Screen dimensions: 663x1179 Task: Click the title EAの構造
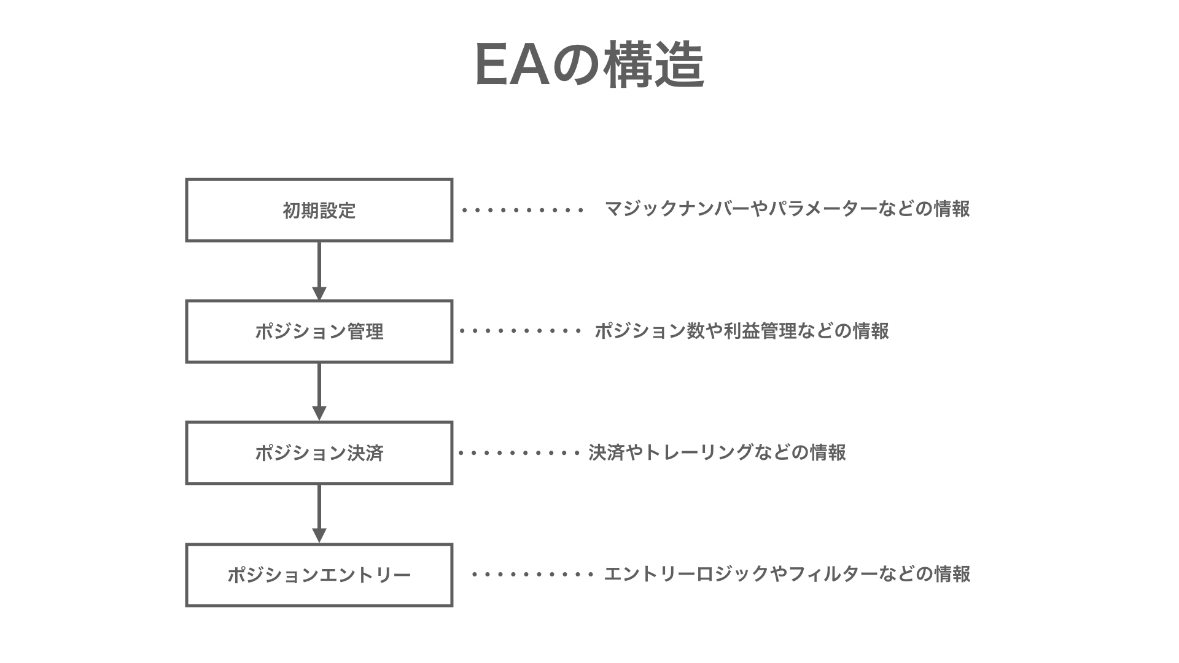point(589,66)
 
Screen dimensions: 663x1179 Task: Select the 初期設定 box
point(319,210)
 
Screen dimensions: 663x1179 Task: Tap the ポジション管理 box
point(319,331)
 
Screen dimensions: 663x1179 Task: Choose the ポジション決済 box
point(319,453)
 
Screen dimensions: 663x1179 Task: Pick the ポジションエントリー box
point(319,575)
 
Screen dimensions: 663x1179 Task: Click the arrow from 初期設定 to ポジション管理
point(319,270)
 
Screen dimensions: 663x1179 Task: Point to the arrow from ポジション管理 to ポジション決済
point(319,392)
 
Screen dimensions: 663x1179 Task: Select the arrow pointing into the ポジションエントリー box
point(319,513)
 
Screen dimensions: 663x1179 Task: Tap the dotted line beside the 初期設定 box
point(523,210)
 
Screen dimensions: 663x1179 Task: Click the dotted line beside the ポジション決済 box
point(519,453)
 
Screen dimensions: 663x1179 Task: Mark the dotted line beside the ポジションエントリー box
point(532,575)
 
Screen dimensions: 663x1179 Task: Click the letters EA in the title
point(513,66)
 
